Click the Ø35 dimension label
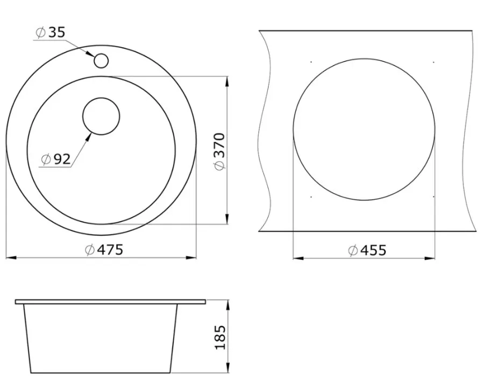pyautogui.click(x=51, y=32)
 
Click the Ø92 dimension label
pyautogui.click(x=56, y=159)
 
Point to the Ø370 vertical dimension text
pyautogui.click(x=220, y=151)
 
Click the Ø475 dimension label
pyautogui.click(x=104, y=250)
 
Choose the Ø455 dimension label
pyautogui.click(x=367, y=250)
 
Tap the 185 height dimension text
pyautogui.click(x=220, y=337)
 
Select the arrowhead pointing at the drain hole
pyautogui.click(x=89, y=137)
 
